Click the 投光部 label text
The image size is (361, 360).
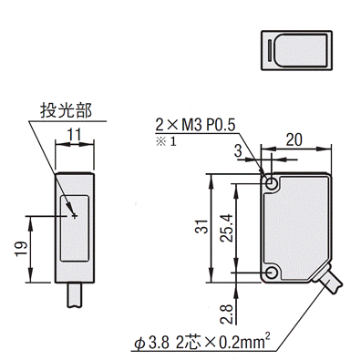click(x=66, y=110)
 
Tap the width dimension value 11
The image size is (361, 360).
click(x=75, y=135)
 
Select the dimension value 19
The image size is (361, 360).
click(x=22, y=249)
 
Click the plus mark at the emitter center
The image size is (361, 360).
click(x=75, y=216)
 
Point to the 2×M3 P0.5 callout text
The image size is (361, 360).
click(x=195, y=125)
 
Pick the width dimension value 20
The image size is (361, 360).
click(x=294, y=139)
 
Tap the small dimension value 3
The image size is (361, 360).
click(x=238, y=150)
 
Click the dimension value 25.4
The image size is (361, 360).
click(x=226, y=228)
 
